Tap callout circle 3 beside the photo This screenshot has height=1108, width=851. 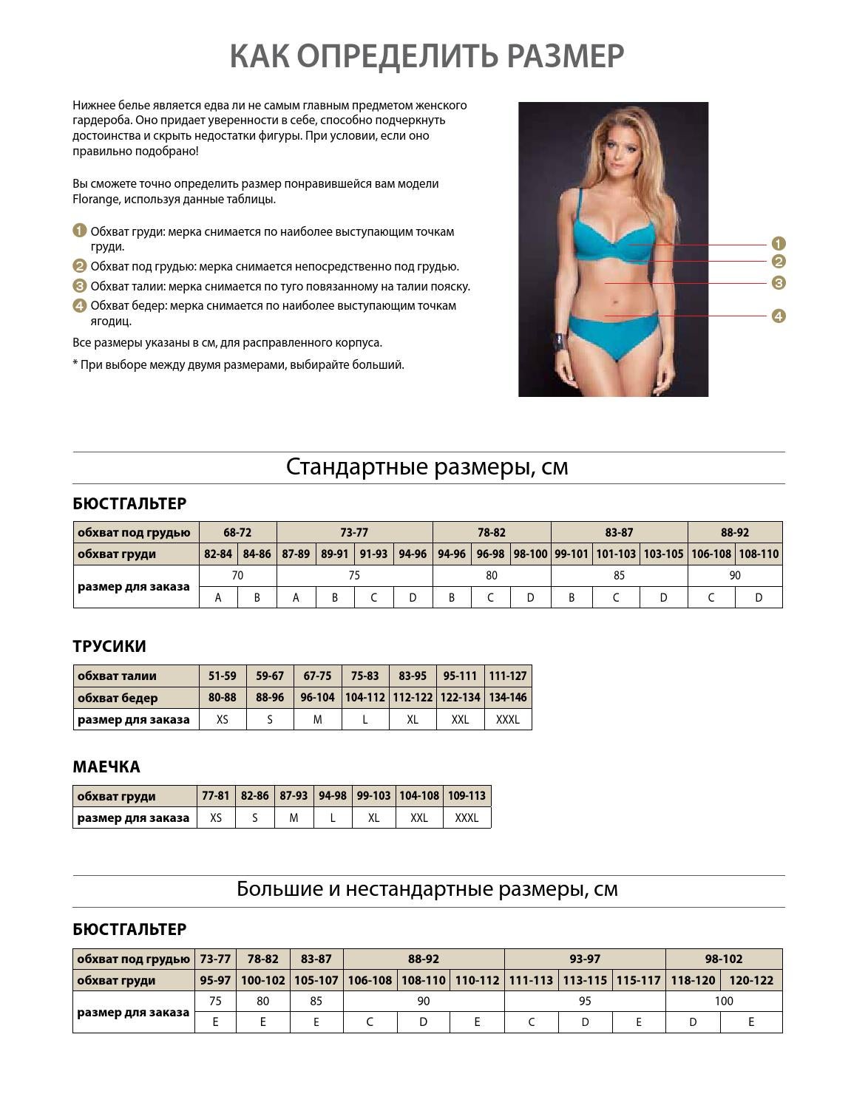click(778, 282)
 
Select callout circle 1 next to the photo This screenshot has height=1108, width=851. click(778, 243)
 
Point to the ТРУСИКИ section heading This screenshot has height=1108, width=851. click(109, 646)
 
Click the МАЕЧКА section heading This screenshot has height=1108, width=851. click(106, 767)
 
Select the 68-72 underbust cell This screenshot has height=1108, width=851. click(237, 532)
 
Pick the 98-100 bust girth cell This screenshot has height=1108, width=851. click(530, 554)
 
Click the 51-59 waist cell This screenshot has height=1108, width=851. click(223, 676)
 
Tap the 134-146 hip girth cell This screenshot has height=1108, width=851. click(508, 697)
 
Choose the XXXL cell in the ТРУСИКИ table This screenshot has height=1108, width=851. click(508, 719)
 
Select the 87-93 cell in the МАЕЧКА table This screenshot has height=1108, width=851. click(294, 796)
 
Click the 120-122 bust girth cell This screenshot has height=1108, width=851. click(751, 980)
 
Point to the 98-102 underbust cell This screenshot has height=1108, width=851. click(724, 959)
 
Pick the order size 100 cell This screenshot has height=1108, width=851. click(724, 1001)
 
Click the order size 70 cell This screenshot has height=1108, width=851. click(237, 575)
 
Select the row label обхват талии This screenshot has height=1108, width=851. click(117, 676)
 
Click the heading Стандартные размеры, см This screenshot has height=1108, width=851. click(427, 467)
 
